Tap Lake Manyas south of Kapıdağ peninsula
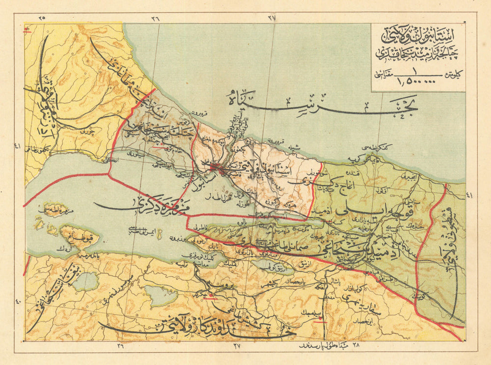coord(86,281)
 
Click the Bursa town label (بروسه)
coord(214,285)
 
